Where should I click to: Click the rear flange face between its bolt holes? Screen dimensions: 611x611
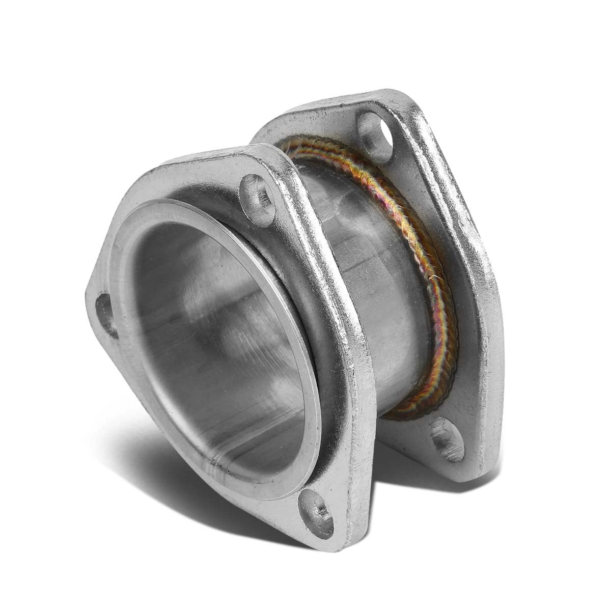point(458,280)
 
